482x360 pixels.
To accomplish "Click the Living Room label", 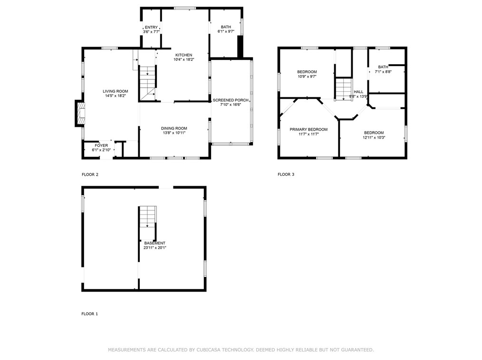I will pyautogui.click(x=116, y=91).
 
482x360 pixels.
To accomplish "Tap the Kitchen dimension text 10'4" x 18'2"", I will pyautogui.click(x=183, y=60).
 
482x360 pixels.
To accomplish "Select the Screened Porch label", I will pyautogui.click(x=231, y=100).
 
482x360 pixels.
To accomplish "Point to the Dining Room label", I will pyautogui.click(x=174, y=128).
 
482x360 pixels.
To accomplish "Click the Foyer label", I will pyautogui.click(x=101, y=145).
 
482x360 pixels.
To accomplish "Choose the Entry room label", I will pyautogui.click(x=151, y=28).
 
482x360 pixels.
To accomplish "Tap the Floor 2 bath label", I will pyautogui.click(x=226, y=27).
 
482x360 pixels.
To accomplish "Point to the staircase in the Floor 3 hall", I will pyautogui.click(x=343, y=89).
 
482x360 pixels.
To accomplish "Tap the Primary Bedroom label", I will pyautogui.click(x=308, y=129).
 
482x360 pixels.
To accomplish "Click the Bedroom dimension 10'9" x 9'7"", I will pyautogui.click(x=307, y=76).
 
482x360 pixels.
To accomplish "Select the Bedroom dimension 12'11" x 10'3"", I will pyautogui.click(x=374, y=138).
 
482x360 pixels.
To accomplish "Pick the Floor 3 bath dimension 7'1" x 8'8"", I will pyautogui.click(x=383, y=72).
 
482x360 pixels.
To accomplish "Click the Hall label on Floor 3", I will pyautogui.click(x=358, y=92).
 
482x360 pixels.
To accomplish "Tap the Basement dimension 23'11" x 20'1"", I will pyautogui.click(x=155, y=247).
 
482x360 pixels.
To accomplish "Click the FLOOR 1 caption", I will pyautogui.click(x=90, y=314).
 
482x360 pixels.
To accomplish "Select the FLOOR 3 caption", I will pyautogui.click(x=286, y=174).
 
